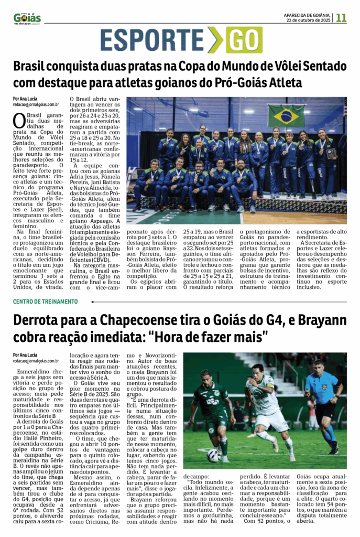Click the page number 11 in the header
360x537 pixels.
coord(341,17)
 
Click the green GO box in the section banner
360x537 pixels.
coord(244,40)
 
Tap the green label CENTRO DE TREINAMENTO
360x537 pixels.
coord(46,302)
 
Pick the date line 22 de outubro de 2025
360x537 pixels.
coord(308,20)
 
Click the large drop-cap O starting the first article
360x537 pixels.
coord(19,120)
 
